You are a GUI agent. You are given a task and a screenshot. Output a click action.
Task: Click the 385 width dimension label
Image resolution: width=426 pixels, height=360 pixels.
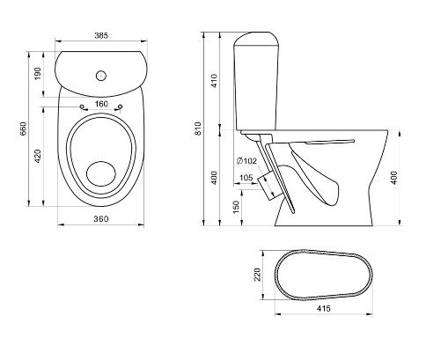click(x=101, y=35)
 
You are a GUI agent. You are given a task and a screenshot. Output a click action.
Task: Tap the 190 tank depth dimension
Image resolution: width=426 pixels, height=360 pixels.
click(x=38, y=74)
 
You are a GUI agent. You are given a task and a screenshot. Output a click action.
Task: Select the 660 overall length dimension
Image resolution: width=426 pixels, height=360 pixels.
click(x=23, y=129)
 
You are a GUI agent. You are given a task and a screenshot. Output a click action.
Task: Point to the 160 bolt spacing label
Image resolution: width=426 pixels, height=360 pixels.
click(x=101, y=104)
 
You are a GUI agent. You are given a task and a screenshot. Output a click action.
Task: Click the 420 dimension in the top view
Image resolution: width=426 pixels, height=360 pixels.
click(x=38, y=156)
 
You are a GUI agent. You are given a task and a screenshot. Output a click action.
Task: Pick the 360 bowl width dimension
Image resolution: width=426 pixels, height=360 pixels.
click(x=101, y=219)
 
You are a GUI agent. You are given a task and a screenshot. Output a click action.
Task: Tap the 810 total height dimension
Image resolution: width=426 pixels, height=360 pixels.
click(x=198, y=129)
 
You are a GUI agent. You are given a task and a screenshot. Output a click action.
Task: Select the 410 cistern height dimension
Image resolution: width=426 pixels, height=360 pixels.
click(x=215, y=81)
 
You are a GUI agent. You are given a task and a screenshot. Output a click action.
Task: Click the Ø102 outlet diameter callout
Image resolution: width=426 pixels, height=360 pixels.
click(x=246, y=161)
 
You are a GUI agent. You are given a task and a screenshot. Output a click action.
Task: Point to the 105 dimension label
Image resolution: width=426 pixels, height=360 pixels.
click(x=246, y=178)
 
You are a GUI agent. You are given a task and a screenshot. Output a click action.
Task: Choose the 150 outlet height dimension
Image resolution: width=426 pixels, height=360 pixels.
click(x=236, y=207)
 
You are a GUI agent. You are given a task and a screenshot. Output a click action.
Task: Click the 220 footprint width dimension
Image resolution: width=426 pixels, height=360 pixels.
click(x=257, y=275)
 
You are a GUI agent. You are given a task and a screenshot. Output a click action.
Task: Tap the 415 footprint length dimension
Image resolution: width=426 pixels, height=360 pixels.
click(x=324, y=308)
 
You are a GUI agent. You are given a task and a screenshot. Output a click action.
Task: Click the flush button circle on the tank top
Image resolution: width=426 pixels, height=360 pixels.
click(x=101, y=76)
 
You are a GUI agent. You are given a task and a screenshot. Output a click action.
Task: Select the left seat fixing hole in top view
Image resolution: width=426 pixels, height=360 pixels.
click(x=82, y=107)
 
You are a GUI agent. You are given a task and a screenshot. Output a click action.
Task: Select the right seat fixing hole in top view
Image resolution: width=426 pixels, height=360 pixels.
click(x=121, y=107)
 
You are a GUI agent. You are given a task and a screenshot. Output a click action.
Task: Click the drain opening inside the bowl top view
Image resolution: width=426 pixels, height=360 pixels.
click(x=101, y=173)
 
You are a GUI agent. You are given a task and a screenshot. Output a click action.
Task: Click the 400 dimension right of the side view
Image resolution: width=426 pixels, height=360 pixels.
click(x=394, y=178)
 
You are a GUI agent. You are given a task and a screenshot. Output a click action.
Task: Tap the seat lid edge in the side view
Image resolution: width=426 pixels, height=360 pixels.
click(x=330, y=142)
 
